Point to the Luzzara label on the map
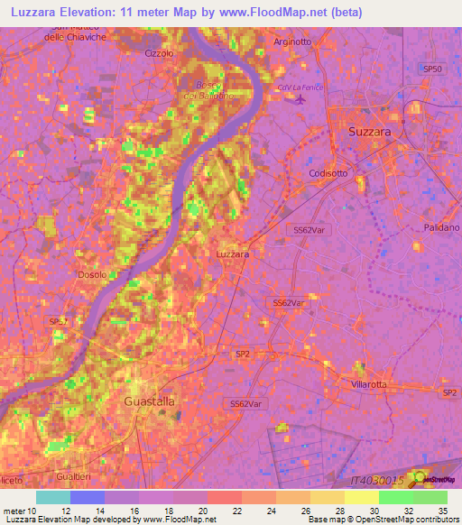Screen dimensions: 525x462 [x=233, y=254]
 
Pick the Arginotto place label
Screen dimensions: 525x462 [x=291, y=41]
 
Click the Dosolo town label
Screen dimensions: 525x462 [x=92, y=274]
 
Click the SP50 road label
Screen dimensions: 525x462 [x=434, y=69]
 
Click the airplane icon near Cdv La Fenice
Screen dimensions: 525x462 [x=300, y=100]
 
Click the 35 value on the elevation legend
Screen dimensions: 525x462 [x=441, y=512]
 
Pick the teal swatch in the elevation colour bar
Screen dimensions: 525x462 [x=53, y=497]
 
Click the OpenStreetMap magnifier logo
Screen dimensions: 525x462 [x=420, y=479]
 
